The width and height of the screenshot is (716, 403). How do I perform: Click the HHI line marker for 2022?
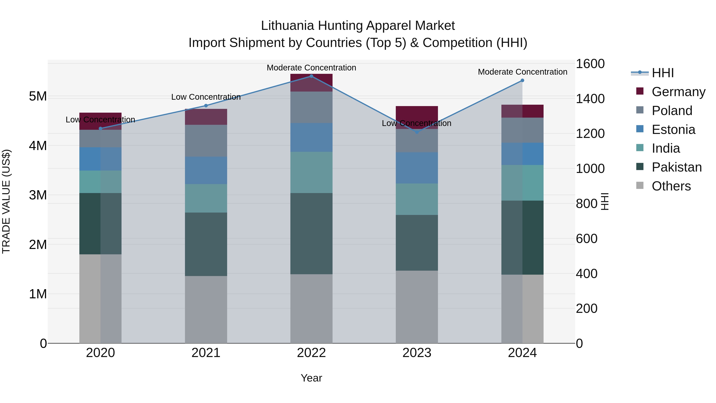[x=311, y=76]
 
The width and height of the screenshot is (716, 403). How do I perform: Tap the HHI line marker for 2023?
[x=417, y=132]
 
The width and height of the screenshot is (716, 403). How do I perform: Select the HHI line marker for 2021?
[x=206, y=106]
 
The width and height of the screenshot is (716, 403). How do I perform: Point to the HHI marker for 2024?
[x=522, y=80]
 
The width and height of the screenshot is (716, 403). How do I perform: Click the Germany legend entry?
[x=678, y=92]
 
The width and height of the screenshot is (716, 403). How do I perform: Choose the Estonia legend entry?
[x=673, y=130]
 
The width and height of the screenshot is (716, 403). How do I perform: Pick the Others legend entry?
[x=671, y=186]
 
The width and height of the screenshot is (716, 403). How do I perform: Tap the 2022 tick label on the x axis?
[x=311, y=353]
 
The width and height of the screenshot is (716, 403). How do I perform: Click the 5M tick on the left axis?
[x=38, y=97]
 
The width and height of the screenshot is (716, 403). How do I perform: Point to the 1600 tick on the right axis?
[x=590, y=64]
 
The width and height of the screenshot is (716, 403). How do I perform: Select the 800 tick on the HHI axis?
[x=587, y=204]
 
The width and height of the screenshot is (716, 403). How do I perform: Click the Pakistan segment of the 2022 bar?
[x=311, y=234]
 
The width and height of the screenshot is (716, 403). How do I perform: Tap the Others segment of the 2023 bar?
[x=417, y=307]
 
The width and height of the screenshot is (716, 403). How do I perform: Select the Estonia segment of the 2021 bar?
[x=206, y=170]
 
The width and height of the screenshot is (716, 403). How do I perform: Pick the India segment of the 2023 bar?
[x=417, y=199]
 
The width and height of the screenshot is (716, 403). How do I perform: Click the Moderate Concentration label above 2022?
[x=311, y=68]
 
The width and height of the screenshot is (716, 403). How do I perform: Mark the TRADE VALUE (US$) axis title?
[x=6, y=201]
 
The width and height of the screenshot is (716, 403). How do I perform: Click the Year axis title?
[x=311, y=378]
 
